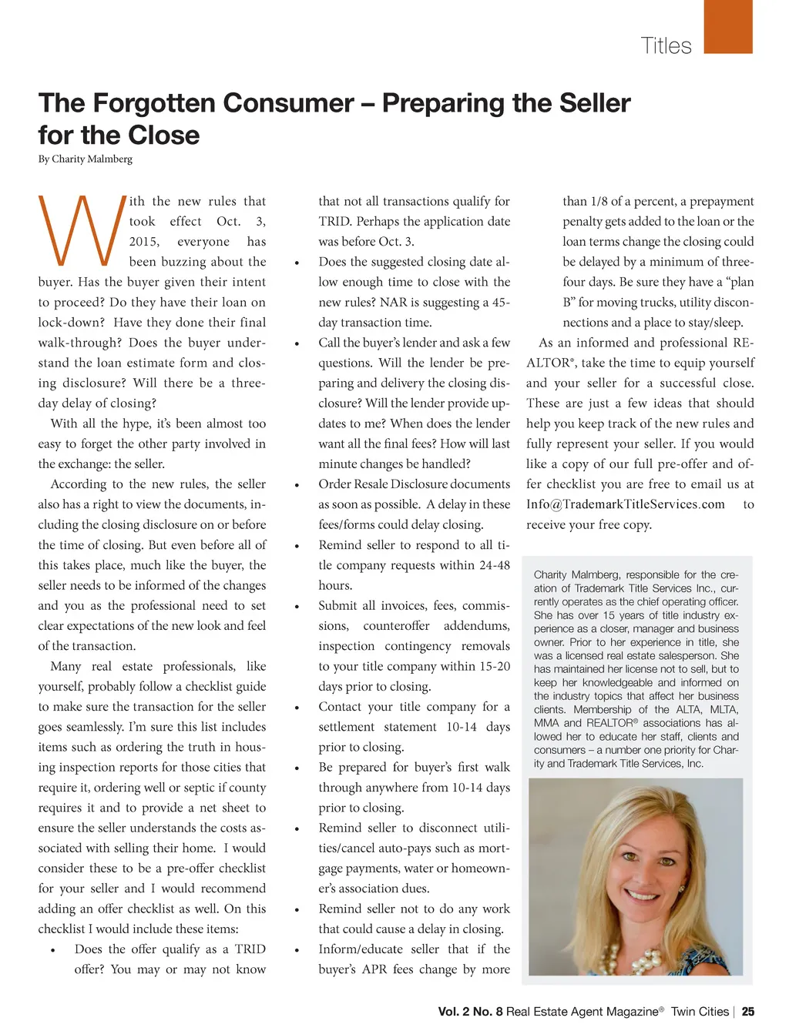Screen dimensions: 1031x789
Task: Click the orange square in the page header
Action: click(x=728, y=28)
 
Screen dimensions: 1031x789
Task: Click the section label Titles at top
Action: click(x=666, y=45)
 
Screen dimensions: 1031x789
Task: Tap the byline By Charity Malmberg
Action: click(x=86, y=159)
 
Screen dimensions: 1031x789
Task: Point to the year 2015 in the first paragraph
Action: click(x=144, y=242)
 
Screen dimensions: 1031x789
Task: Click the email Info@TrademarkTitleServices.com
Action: click(x=626, y=504)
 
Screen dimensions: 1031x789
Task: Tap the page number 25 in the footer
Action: click(x=747, y=1012)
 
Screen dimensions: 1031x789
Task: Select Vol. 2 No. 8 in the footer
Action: click(x=470, y=1012)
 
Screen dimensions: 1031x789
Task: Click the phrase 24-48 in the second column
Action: click(x=493, y=565)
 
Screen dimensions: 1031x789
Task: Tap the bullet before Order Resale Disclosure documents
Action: click(x=297, y=485)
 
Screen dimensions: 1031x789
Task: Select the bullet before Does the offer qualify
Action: click(x=52, y=950)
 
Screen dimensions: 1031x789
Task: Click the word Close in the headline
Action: click(x=163, y=136)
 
